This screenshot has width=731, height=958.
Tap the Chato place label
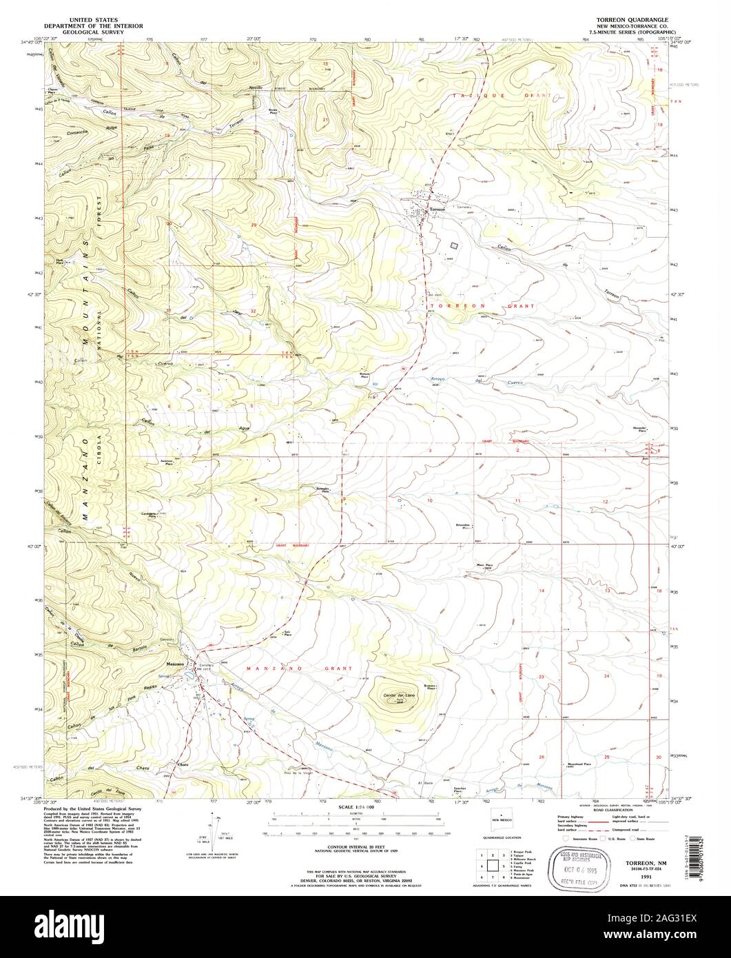pyautogui.click(x=183, y=765)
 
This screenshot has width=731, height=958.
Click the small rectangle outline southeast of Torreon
pyautogui.click(x=453, y=245)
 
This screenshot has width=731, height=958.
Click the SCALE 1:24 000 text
pyautogui.click(x=356, y=806)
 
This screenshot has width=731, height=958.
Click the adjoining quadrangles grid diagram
pyautogui.click(x=493, y=864)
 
